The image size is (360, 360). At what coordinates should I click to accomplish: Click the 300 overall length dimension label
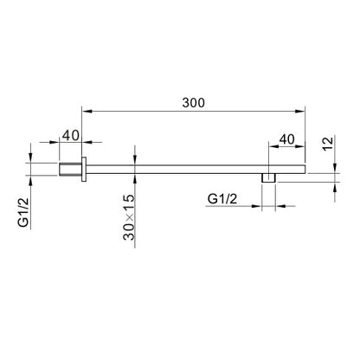[x=193, y=103]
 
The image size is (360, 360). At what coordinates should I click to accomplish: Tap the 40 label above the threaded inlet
[x=71, y=135]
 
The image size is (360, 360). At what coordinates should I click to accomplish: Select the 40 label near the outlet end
[x=287, y=139]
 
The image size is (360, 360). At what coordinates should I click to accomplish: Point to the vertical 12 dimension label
[x=328, y=144]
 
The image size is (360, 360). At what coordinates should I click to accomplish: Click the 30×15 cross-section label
[x=129, y=217]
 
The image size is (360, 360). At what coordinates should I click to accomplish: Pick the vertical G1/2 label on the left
[x=23, y=212]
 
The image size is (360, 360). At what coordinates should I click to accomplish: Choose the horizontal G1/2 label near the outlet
[x=222, y=199]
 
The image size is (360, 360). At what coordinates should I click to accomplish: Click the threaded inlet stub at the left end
[x=71, y=170]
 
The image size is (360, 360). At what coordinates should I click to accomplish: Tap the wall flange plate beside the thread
[x=84, y=170]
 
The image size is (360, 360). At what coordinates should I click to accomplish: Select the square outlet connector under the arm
[x=268, y=178]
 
